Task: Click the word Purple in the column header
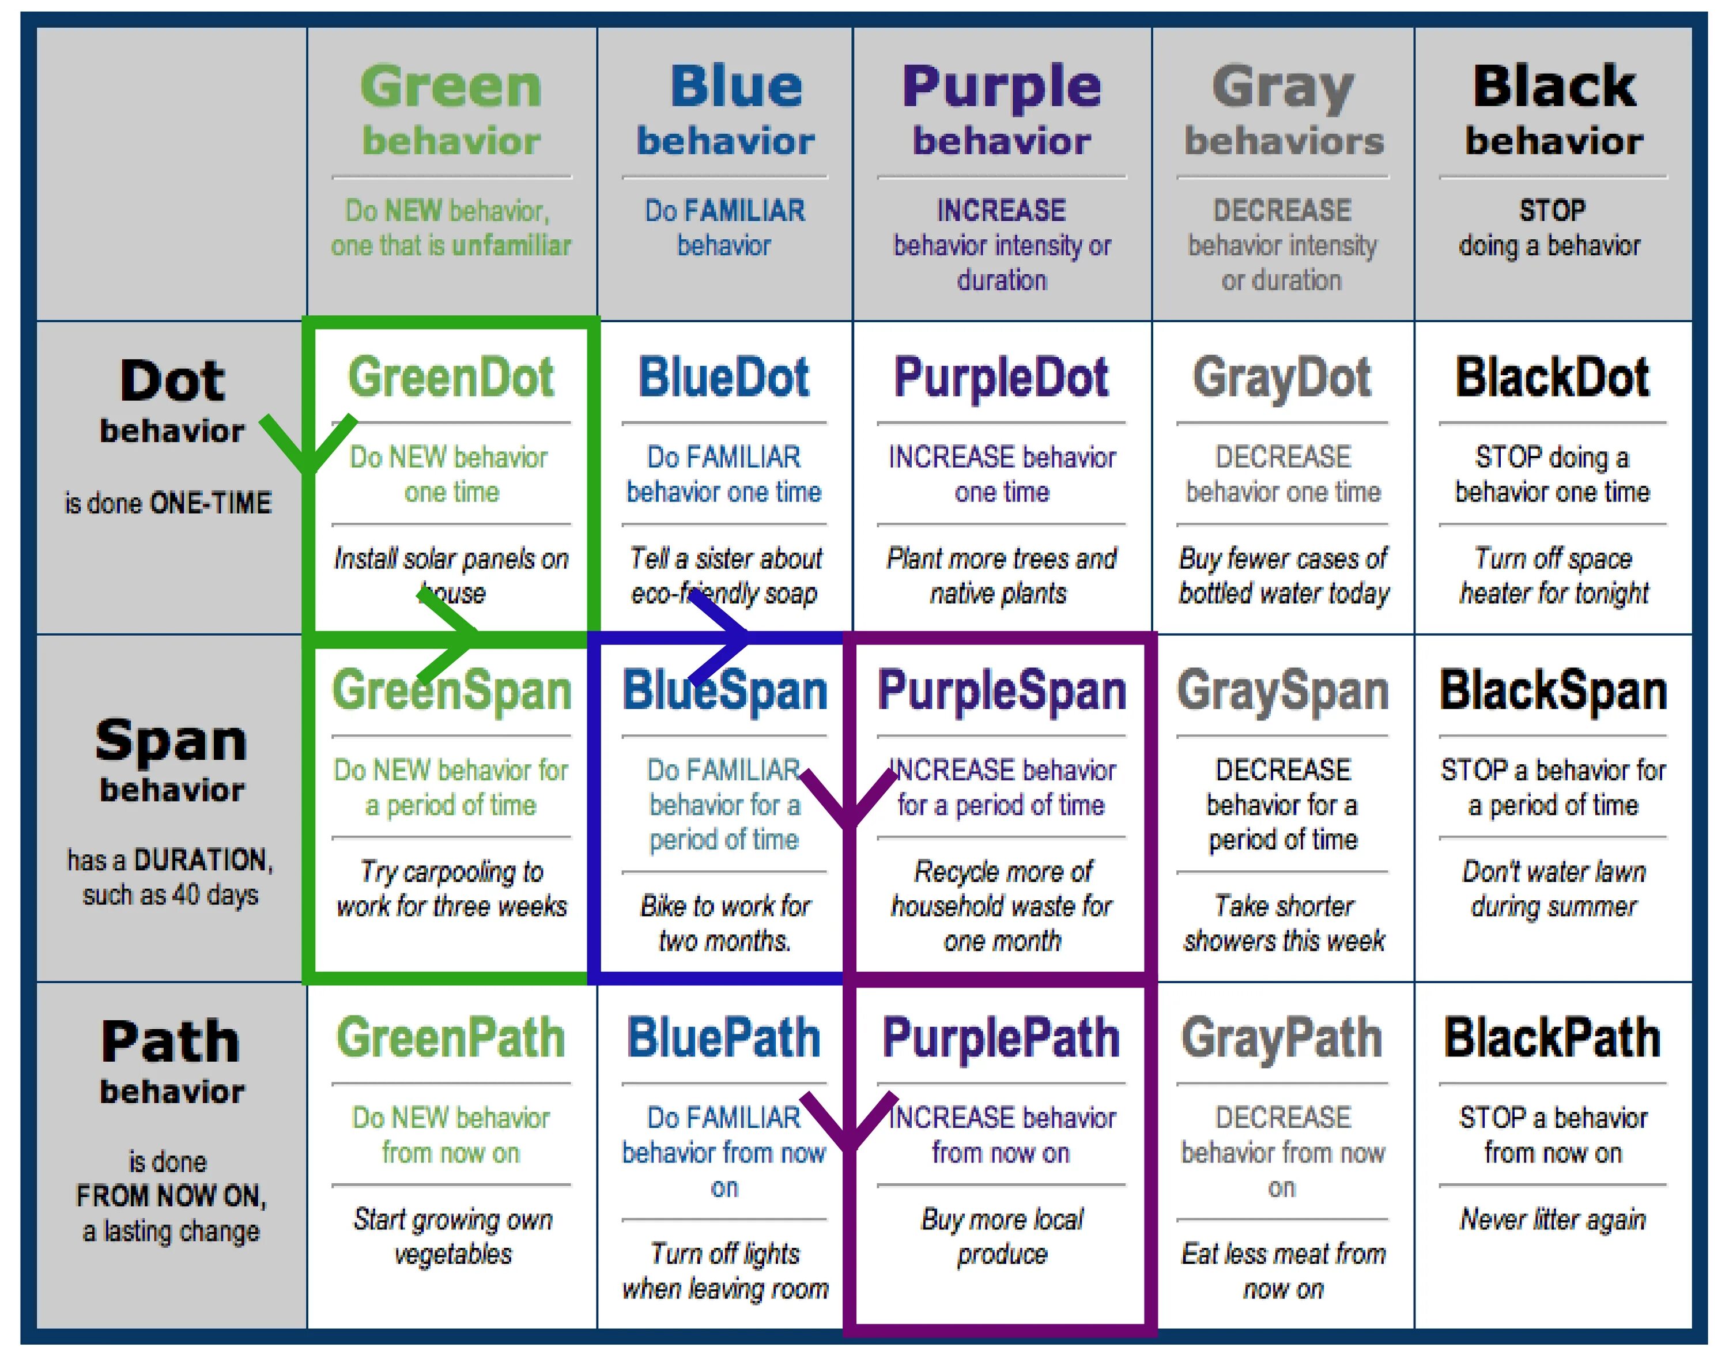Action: [1002, 86]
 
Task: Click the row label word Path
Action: [170, 1041]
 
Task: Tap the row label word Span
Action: [170, 739]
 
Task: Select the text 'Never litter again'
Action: [1553, 1219]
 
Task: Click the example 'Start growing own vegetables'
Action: [452, 1236]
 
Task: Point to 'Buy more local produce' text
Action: [1002, 1236]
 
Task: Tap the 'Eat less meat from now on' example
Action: [1283, 1270]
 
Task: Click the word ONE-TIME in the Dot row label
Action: [210, 503]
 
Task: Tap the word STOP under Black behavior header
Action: [1551, 210]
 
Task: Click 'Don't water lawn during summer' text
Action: [1553, 889]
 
